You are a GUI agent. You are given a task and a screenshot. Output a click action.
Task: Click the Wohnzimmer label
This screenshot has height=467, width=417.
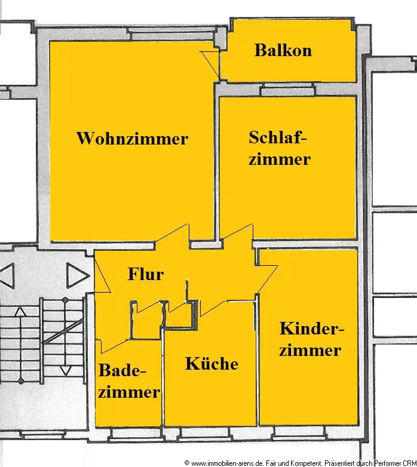pyautogui.click(x=132, y=139)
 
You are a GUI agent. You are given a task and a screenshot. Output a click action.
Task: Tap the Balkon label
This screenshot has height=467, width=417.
pyautogui.click(x=283, y=50)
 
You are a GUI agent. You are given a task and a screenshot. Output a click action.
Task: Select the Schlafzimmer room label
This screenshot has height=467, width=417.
pyautogui.click(x=280, y=148)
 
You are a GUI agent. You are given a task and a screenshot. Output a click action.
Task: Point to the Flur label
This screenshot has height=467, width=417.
pyautogui.click(x=146, y=274)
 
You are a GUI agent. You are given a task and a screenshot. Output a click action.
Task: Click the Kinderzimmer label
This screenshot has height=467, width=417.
pyautogui.click(x=311, y=339)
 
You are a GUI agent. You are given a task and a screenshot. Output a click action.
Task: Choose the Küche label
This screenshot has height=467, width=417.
pyautogui.click(x=211, y=364)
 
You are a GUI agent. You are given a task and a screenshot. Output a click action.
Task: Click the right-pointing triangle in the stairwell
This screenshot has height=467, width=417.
pyautogui.click(x=76, y=276)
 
